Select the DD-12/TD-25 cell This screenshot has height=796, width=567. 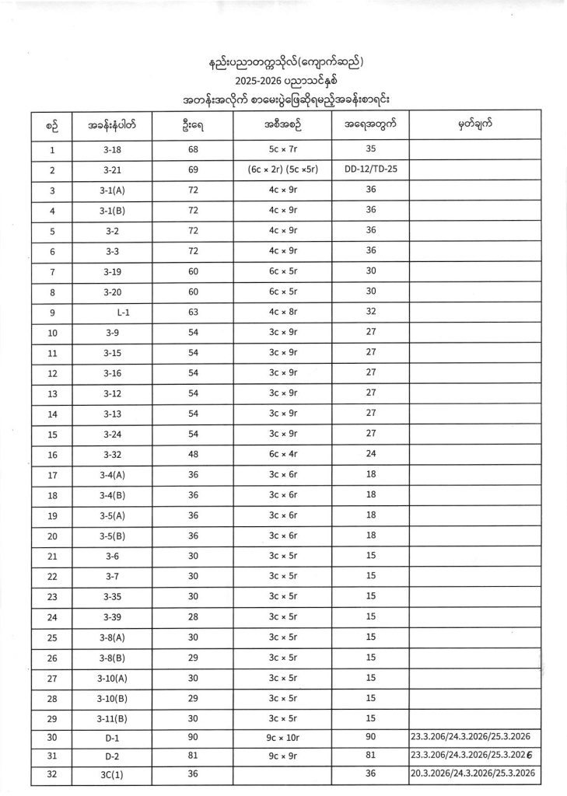pyautogui.click(x=370, y=169)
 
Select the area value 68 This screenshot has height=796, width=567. pyautogui.click(x=194, y=150)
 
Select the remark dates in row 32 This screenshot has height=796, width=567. pyautogui.click(x=473, y=774)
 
